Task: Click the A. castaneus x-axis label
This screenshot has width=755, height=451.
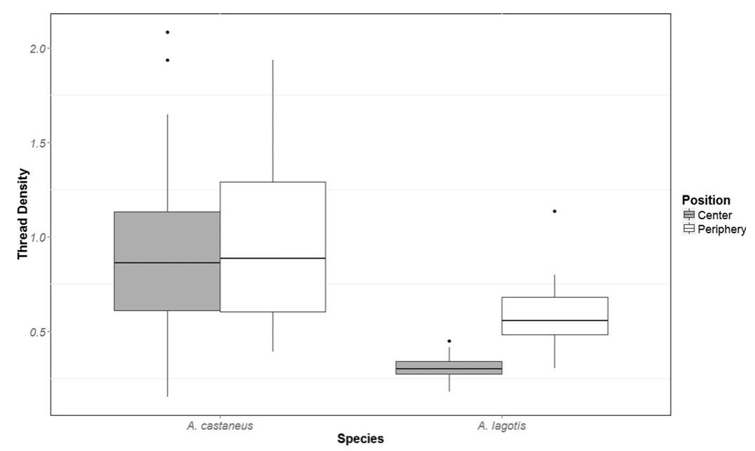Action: (x=220, y=425)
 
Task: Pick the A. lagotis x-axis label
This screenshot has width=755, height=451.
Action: (x=502, y=425)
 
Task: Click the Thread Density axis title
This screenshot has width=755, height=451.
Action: (x=23, y=214)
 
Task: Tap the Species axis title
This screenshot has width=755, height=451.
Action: (x=361, y=440)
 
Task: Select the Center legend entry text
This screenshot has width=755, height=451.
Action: (x=714, y=216)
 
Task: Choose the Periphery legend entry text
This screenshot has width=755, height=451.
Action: (x=722, y=229)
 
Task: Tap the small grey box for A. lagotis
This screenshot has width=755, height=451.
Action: (x=449, y=367)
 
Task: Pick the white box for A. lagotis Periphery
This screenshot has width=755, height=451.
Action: (x=554, y=316)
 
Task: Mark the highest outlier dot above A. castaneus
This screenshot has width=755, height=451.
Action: (x=168, y=32)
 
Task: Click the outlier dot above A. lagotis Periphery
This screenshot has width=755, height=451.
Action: (x=554, y=211)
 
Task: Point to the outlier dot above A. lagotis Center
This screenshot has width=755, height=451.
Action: (x=449, y=341)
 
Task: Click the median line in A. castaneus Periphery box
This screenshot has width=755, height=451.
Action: (x=272, y=259)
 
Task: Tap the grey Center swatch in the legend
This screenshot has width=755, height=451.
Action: (x=688, y=216)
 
